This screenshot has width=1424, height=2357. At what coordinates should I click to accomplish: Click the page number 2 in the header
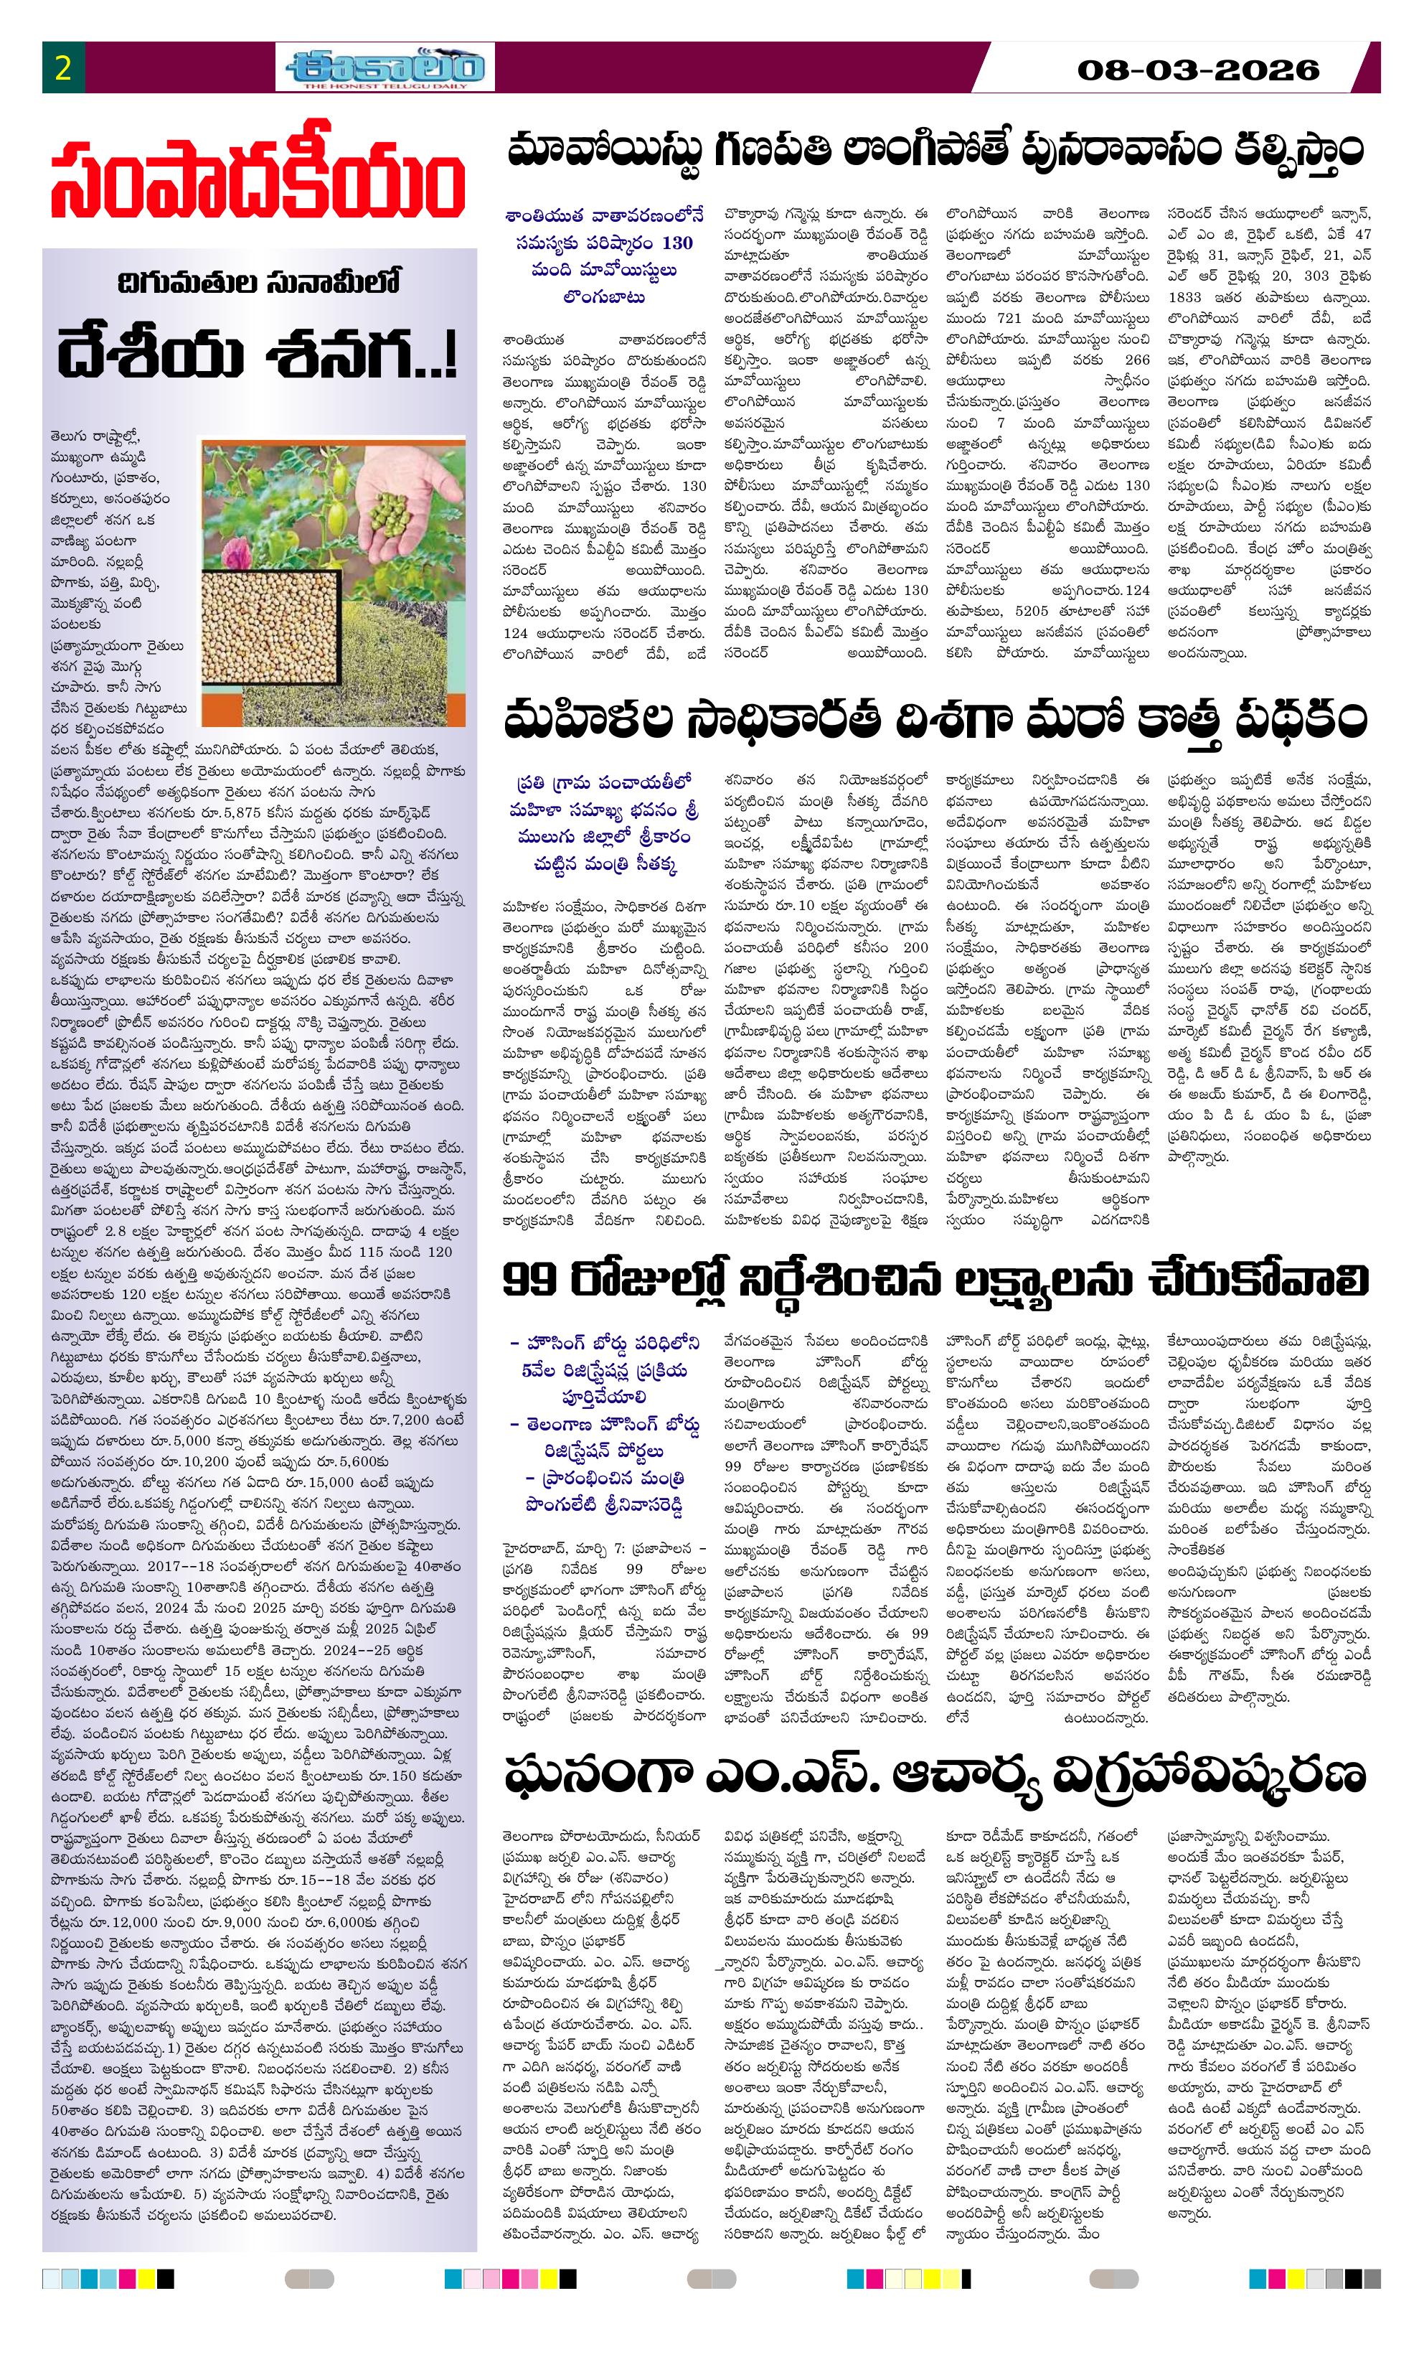pos(63,69)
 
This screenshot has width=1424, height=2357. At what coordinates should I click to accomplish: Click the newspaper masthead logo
pos(385,69)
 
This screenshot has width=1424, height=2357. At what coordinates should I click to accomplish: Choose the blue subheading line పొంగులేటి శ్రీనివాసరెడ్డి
pos(605,1504)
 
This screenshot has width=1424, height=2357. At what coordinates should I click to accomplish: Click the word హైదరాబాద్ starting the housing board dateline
pos(534,1547)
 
